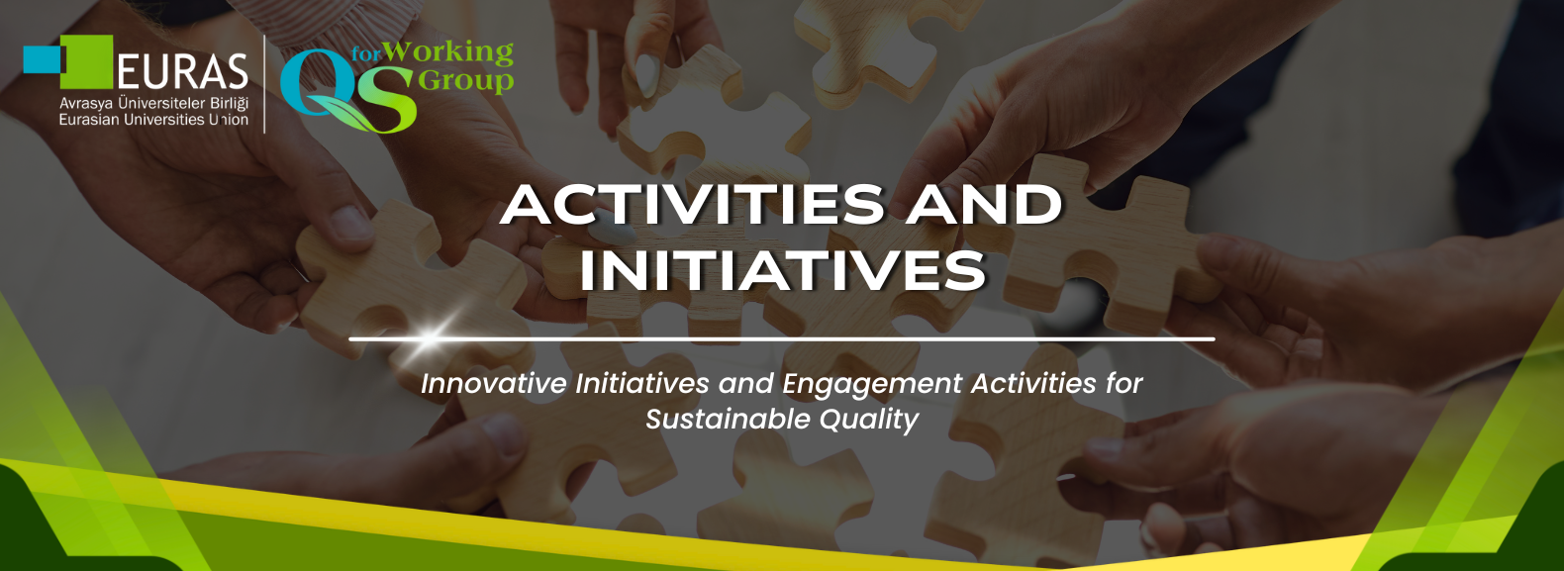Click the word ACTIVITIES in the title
[693, 204]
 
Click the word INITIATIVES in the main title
[783, 270]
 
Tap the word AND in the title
[985, 204]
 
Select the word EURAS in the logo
[182, 72]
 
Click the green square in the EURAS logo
[86, 61]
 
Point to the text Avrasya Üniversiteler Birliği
[153, 103]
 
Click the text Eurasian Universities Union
[153, 120]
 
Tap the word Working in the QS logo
[448, 52]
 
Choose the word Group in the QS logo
[465, 80]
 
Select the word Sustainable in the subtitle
[728, 420]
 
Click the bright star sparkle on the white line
[428, 337]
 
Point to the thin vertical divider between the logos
[264, 83]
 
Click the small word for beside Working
[366, 54]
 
